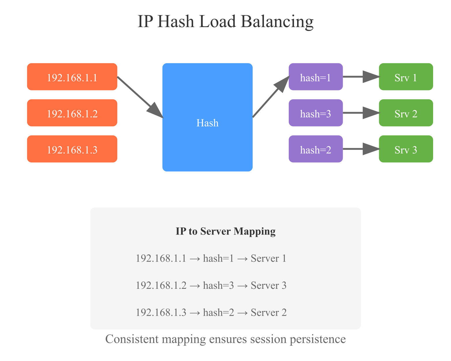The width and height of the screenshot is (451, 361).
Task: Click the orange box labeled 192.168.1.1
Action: [x=72, y=77]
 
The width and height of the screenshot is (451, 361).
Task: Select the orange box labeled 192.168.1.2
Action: [x=72, y=113]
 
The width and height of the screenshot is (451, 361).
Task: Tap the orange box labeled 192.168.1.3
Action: [x=72, y=149]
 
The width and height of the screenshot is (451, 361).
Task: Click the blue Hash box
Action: [x=207, y=117]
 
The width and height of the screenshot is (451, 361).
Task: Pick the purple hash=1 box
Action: [x=316, y=77]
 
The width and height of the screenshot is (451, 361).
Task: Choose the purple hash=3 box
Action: [x=316, y=113]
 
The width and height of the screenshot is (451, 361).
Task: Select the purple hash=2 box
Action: [x=316, y=149]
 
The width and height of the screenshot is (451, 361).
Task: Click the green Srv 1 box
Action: [x=406, y=77]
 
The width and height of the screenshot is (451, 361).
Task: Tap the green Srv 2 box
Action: [x=406, y=113]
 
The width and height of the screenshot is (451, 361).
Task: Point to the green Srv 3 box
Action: [x=406, y=149]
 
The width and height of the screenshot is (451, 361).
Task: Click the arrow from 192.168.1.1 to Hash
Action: [x=140, y=97]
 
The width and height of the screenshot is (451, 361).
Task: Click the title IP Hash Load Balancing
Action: [x=225, y=22]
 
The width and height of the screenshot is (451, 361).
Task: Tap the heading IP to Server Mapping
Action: [x=225, y=231]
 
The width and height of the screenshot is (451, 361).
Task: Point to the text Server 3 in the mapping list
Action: [x=269, y=286]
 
